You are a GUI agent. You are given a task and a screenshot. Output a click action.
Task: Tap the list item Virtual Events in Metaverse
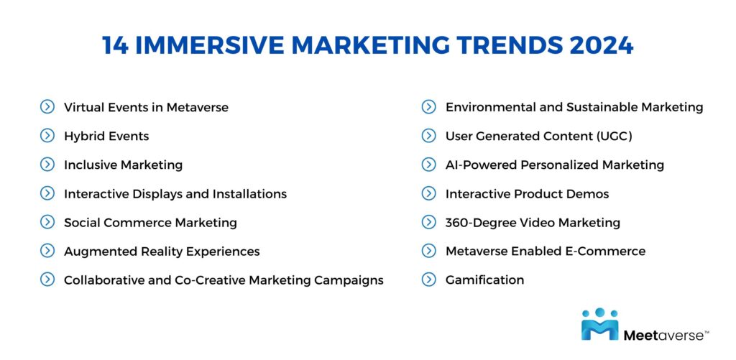point(146,107)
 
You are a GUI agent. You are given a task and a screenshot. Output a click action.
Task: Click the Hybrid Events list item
point(106,136)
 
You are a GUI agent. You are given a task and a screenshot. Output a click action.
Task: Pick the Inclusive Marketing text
point(123,165)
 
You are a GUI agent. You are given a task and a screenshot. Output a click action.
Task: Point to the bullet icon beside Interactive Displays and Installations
point(47,193)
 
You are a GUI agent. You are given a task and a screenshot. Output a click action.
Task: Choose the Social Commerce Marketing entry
point(150,222)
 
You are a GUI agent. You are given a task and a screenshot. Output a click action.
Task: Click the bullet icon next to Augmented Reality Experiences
point(47,251)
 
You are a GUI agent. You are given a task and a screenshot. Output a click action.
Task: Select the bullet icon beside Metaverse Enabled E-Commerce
point(429,251)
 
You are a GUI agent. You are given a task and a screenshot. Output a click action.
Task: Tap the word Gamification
point(484,280)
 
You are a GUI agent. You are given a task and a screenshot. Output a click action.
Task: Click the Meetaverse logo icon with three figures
point(599,324)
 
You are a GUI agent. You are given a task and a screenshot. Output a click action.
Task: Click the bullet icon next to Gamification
point(429,280)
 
